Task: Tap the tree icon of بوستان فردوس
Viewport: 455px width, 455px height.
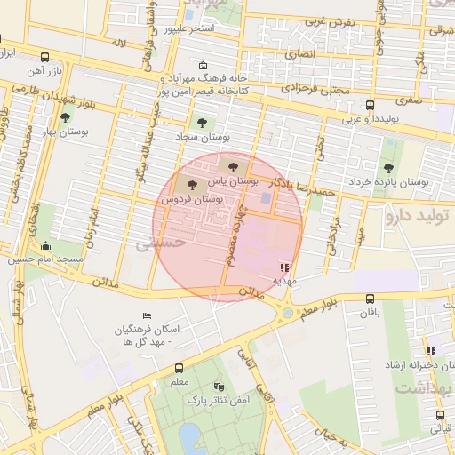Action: pos(192,185)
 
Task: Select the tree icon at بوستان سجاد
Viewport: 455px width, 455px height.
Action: pos(202,124)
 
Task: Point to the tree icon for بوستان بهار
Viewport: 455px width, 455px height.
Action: pos(64,116)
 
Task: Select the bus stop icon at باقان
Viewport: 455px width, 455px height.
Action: pos(370,299)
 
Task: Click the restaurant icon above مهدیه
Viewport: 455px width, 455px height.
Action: pos(283,267)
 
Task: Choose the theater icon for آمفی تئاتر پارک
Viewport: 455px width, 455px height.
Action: pos(219,387)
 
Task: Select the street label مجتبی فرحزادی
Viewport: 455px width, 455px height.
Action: pos(316,89)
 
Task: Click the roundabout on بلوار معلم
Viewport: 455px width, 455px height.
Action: pos(288,312)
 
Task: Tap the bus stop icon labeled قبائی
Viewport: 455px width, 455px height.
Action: pos(440,415)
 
